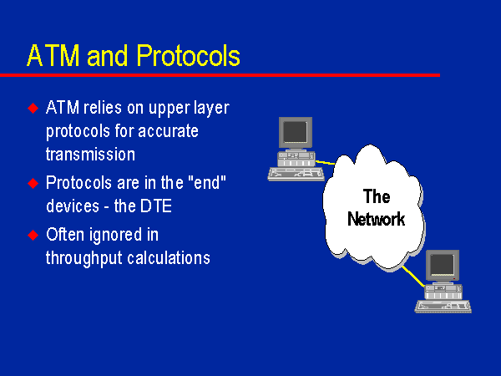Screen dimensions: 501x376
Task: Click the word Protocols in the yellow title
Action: coord(189,56)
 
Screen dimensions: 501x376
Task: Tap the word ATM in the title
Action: coord(53,56)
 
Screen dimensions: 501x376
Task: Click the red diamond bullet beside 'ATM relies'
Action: coord(33,108)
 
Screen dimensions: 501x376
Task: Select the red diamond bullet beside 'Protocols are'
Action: coord(33,184)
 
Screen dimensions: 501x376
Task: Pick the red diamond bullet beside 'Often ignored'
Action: coord(33,236)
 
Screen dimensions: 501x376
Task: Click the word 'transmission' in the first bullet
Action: coord(90,154)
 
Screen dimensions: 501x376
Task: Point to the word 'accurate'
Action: coord(168,131)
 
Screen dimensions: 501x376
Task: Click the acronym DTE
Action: coord(156,206)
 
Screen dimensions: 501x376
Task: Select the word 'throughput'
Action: coord(84,258)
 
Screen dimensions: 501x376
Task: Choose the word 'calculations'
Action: coord(169,257)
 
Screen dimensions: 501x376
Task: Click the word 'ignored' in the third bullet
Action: coord(116,236)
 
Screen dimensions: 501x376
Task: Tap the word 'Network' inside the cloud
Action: coord(376,219)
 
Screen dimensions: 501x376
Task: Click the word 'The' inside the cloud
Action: coord(377,196)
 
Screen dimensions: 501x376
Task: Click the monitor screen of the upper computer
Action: coord(295,131)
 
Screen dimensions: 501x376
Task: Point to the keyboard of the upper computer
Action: coord(296,175)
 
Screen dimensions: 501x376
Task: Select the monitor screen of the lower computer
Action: coord(442,265)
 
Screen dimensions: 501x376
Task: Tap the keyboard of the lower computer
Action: coord(443,307)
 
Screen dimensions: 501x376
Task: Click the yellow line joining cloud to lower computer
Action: coord(414,277)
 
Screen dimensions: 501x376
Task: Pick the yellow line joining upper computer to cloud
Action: coord(326,163)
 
